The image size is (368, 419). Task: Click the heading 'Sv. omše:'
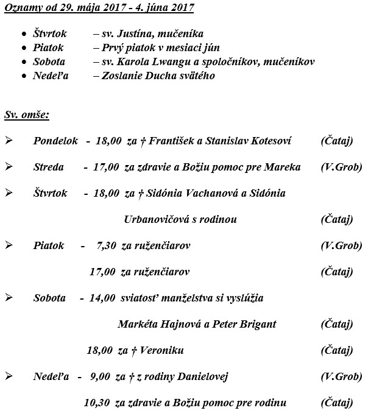(x=27, y=114)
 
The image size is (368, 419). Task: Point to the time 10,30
(x=98, y=403)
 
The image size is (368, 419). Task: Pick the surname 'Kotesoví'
(x=271, y=141)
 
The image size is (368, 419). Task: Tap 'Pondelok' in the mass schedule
(x=55, y=141)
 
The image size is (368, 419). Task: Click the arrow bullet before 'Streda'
(x=9, y=167)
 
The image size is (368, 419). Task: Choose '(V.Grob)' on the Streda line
(x=341, y=167)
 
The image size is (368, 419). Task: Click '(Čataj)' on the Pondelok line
(x=336, y=141)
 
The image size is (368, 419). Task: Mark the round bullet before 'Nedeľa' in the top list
(x=23, y=76)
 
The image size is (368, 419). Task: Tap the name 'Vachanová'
(x=221, y=193)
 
